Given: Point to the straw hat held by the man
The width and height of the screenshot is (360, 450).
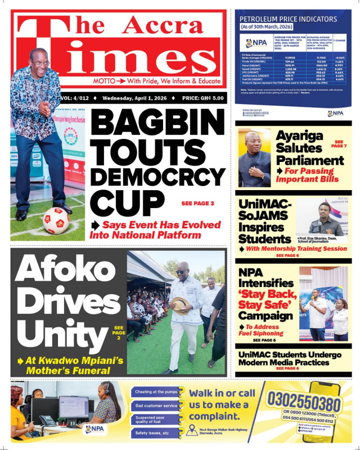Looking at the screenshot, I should coord(180,304).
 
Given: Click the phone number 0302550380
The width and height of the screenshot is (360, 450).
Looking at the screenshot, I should coord(304,403).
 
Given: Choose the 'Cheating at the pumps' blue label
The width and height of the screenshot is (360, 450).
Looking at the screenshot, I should coord(156,391).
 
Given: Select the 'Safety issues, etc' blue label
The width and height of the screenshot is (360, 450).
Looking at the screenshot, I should coord(152,433).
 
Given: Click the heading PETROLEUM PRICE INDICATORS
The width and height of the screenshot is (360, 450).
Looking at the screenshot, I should coord(289,19).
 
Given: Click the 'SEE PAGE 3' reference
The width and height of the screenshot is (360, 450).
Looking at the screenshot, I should coord(197,203).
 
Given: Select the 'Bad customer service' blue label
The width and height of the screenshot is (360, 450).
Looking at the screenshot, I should coord(156,406).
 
